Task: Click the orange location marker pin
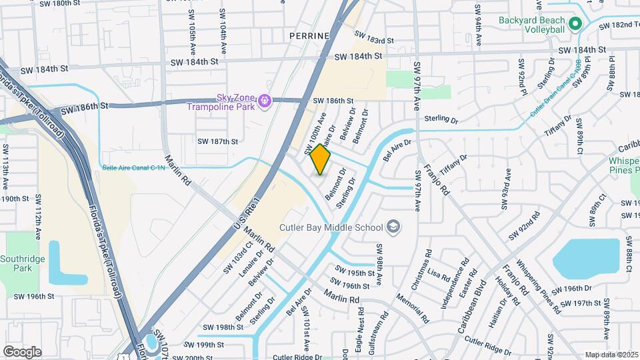pyautogui.click(x=320, y=159)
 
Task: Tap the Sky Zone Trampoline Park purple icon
pyautogui.click(x=265, y=101)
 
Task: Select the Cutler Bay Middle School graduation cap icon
pyautogui.click(x=394, y=227)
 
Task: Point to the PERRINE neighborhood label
pyautogui.click(x=310, y=35)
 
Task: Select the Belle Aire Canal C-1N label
pyautogui.click(x=133, y=168)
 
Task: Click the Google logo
pyautogui.click(x=22, y=351)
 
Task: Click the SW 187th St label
pyautogui.click(x=218, y=141)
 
